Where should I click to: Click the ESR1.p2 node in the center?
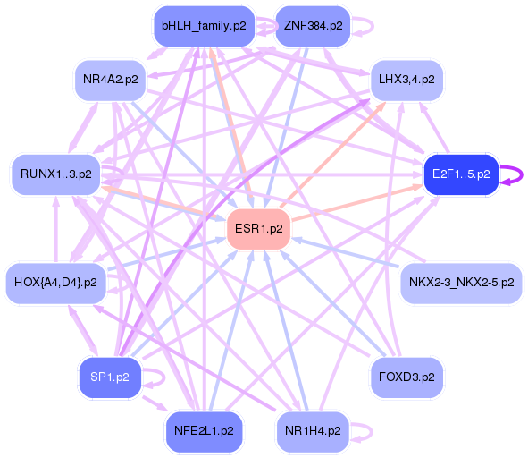click(258, 229)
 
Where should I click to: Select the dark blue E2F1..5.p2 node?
click(460, 173)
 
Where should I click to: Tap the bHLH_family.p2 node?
click(203, 26)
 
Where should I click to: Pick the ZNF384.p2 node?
click(313, 26)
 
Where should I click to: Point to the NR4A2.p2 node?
click(110, 80)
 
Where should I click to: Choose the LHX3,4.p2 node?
click(406, 80)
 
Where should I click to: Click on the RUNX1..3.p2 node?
click(55, 174)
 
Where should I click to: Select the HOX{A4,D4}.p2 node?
click(55, 283)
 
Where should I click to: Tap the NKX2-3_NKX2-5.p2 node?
click(461, 283)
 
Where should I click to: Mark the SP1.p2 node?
click(110, 377)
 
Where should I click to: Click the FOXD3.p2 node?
click(406, 377)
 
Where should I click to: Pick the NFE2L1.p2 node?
click(203, 430)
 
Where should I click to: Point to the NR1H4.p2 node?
click(313, 430)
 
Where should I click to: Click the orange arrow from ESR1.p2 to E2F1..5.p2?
click(357, 202)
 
